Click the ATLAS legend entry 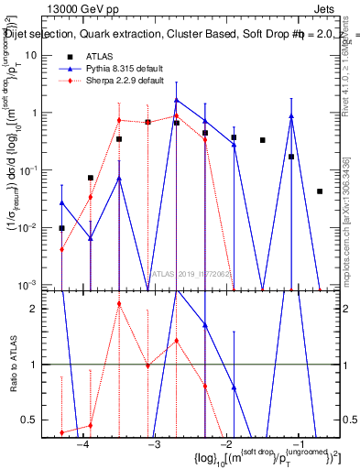tap(103, 56)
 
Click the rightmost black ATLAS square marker tap(319, 191)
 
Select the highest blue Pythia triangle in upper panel tap(177, 100)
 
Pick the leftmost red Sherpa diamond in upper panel tap(61, 249)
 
